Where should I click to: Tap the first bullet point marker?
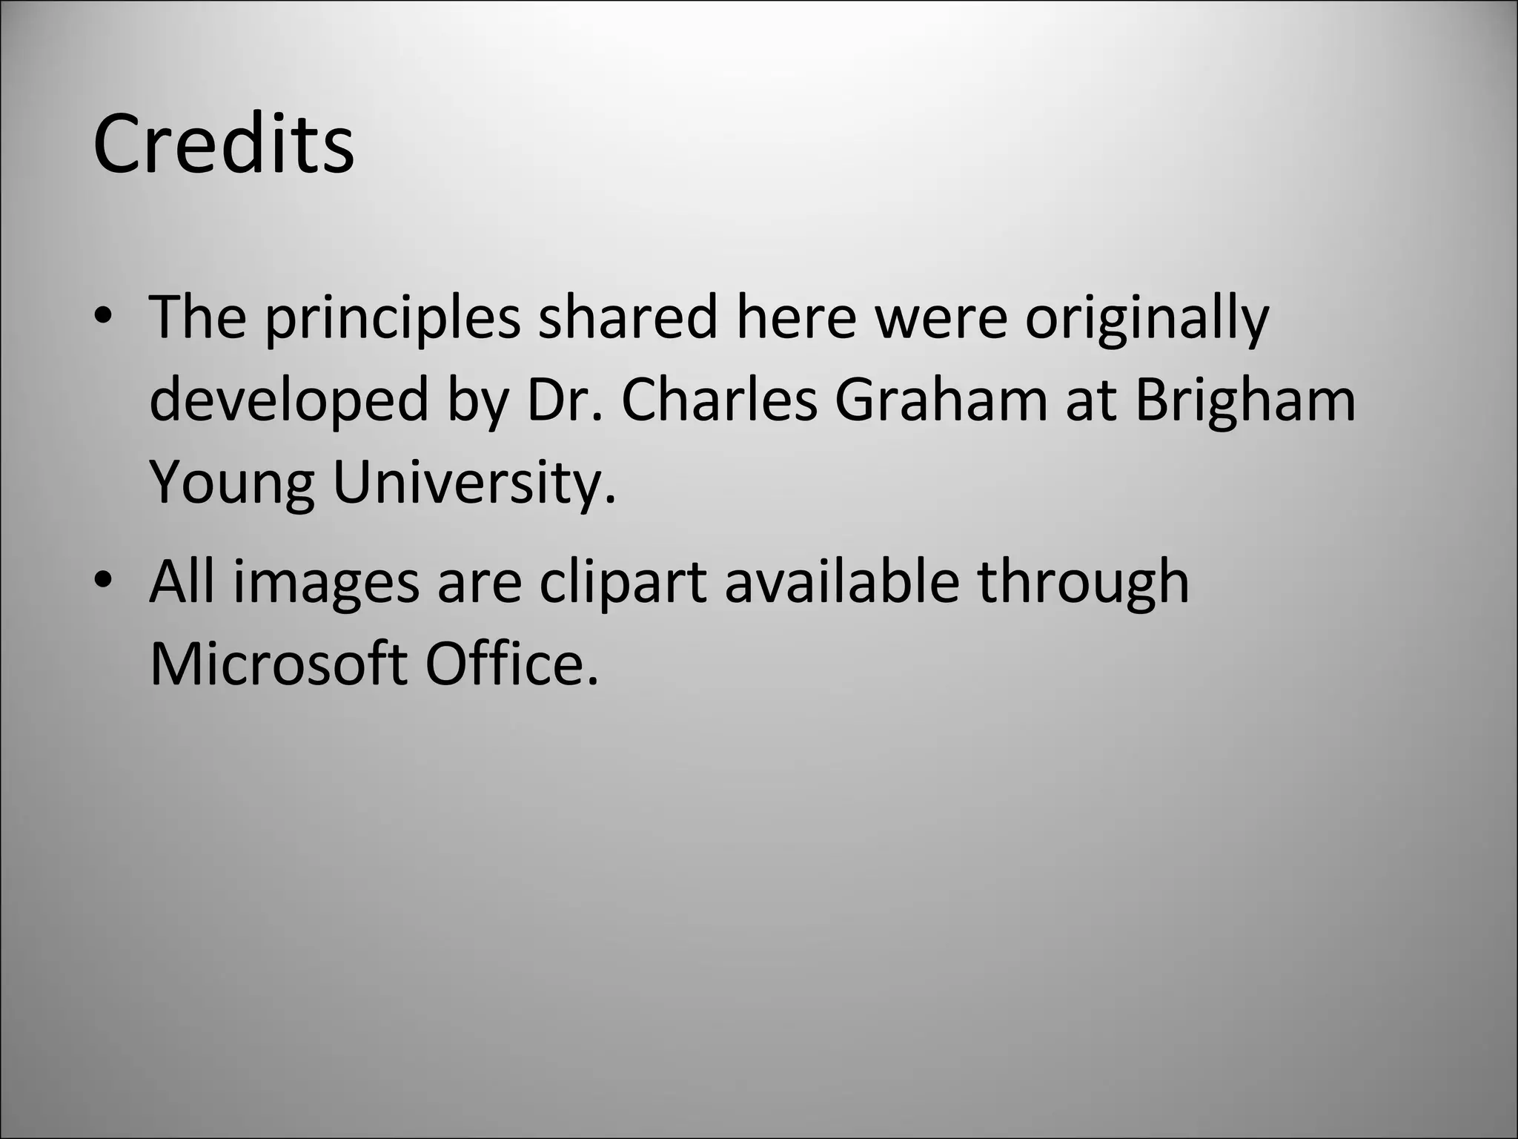103,317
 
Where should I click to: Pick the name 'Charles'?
718,400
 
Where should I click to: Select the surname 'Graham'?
941,400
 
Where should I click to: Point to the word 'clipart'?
623,583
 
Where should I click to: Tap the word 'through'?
1083,583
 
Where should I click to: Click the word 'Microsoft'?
278,663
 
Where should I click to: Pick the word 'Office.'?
511,663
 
